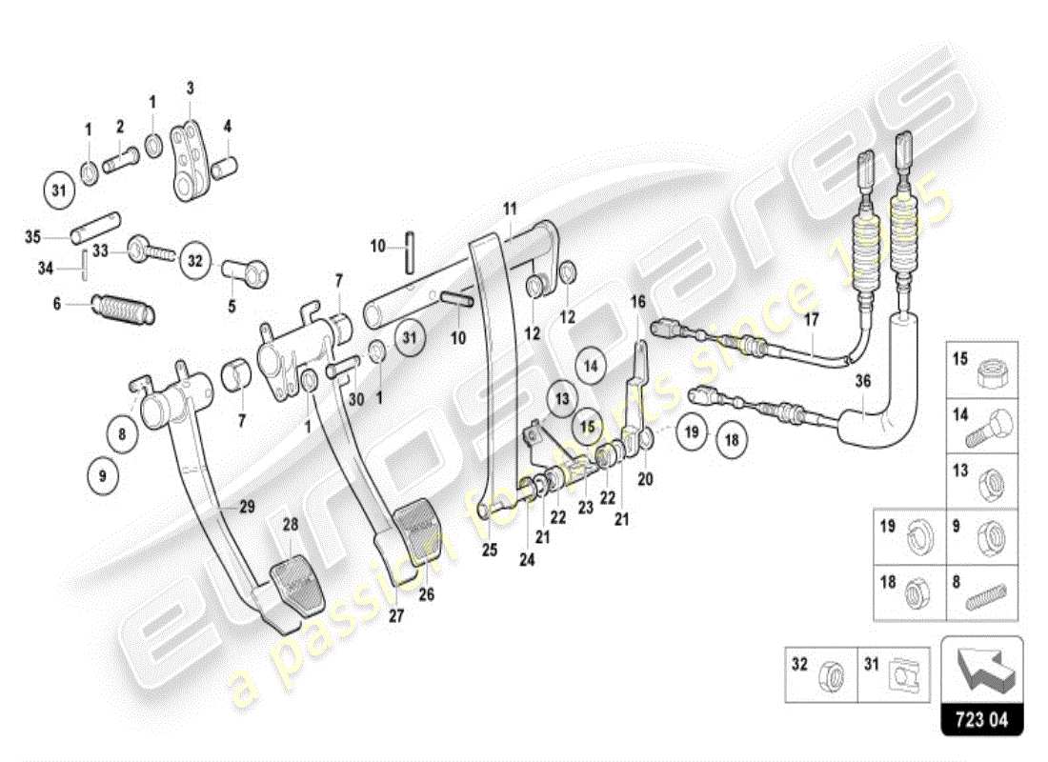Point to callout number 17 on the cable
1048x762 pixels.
point(811,320)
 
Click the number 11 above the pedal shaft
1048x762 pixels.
point(510,208)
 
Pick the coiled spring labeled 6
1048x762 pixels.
point(124,309)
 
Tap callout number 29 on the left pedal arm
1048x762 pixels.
point(247,508)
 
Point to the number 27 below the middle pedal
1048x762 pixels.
point(396,615)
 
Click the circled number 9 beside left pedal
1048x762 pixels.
point(102,475)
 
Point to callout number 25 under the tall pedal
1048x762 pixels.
point(489,550)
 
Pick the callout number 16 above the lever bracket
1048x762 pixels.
point(638,302)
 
